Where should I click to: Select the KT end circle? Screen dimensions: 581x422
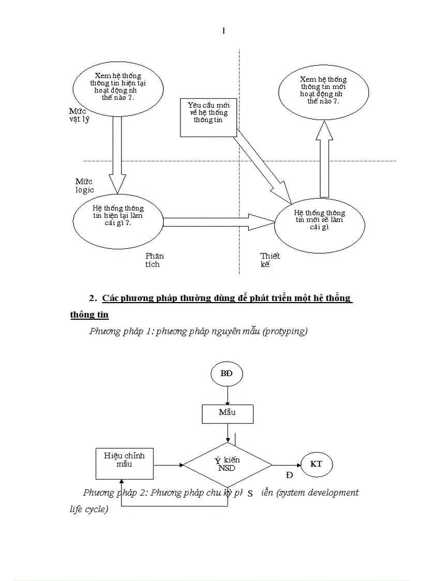click(x=316, y=464)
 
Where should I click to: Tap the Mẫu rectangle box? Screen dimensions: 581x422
click(x=227, y=413)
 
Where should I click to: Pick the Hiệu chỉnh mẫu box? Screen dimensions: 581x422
click(x=124, y=464)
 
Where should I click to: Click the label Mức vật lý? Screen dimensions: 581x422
click(x=79, y=115)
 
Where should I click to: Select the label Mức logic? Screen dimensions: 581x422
click(x=84, y=185)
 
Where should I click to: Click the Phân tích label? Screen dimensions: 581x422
click(x=154, y=260)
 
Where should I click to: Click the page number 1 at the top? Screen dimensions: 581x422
click(x=223, y=31)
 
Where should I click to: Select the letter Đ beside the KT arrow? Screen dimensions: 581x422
click(x=289, y=474)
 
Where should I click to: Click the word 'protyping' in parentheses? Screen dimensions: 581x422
click(x=284, y=331)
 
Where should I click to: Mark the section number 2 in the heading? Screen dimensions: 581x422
click(x=93, y=298)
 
